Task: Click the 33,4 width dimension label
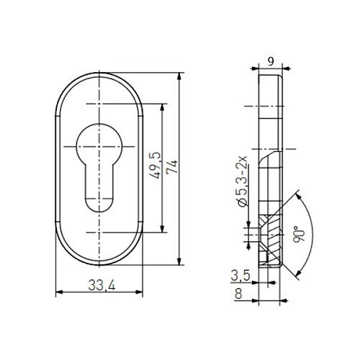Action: (x=102, y=285)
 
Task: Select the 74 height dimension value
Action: (x=172, y=167)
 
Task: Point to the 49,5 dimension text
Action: (x=155, y=166)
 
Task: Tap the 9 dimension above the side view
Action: (x=271, y=61)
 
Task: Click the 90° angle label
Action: (x=299, y=234)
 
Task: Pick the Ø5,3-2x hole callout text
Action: (x=243, y=181)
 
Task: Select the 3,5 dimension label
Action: (x=240, y=276)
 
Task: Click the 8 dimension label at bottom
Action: (x=238, y=294)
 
